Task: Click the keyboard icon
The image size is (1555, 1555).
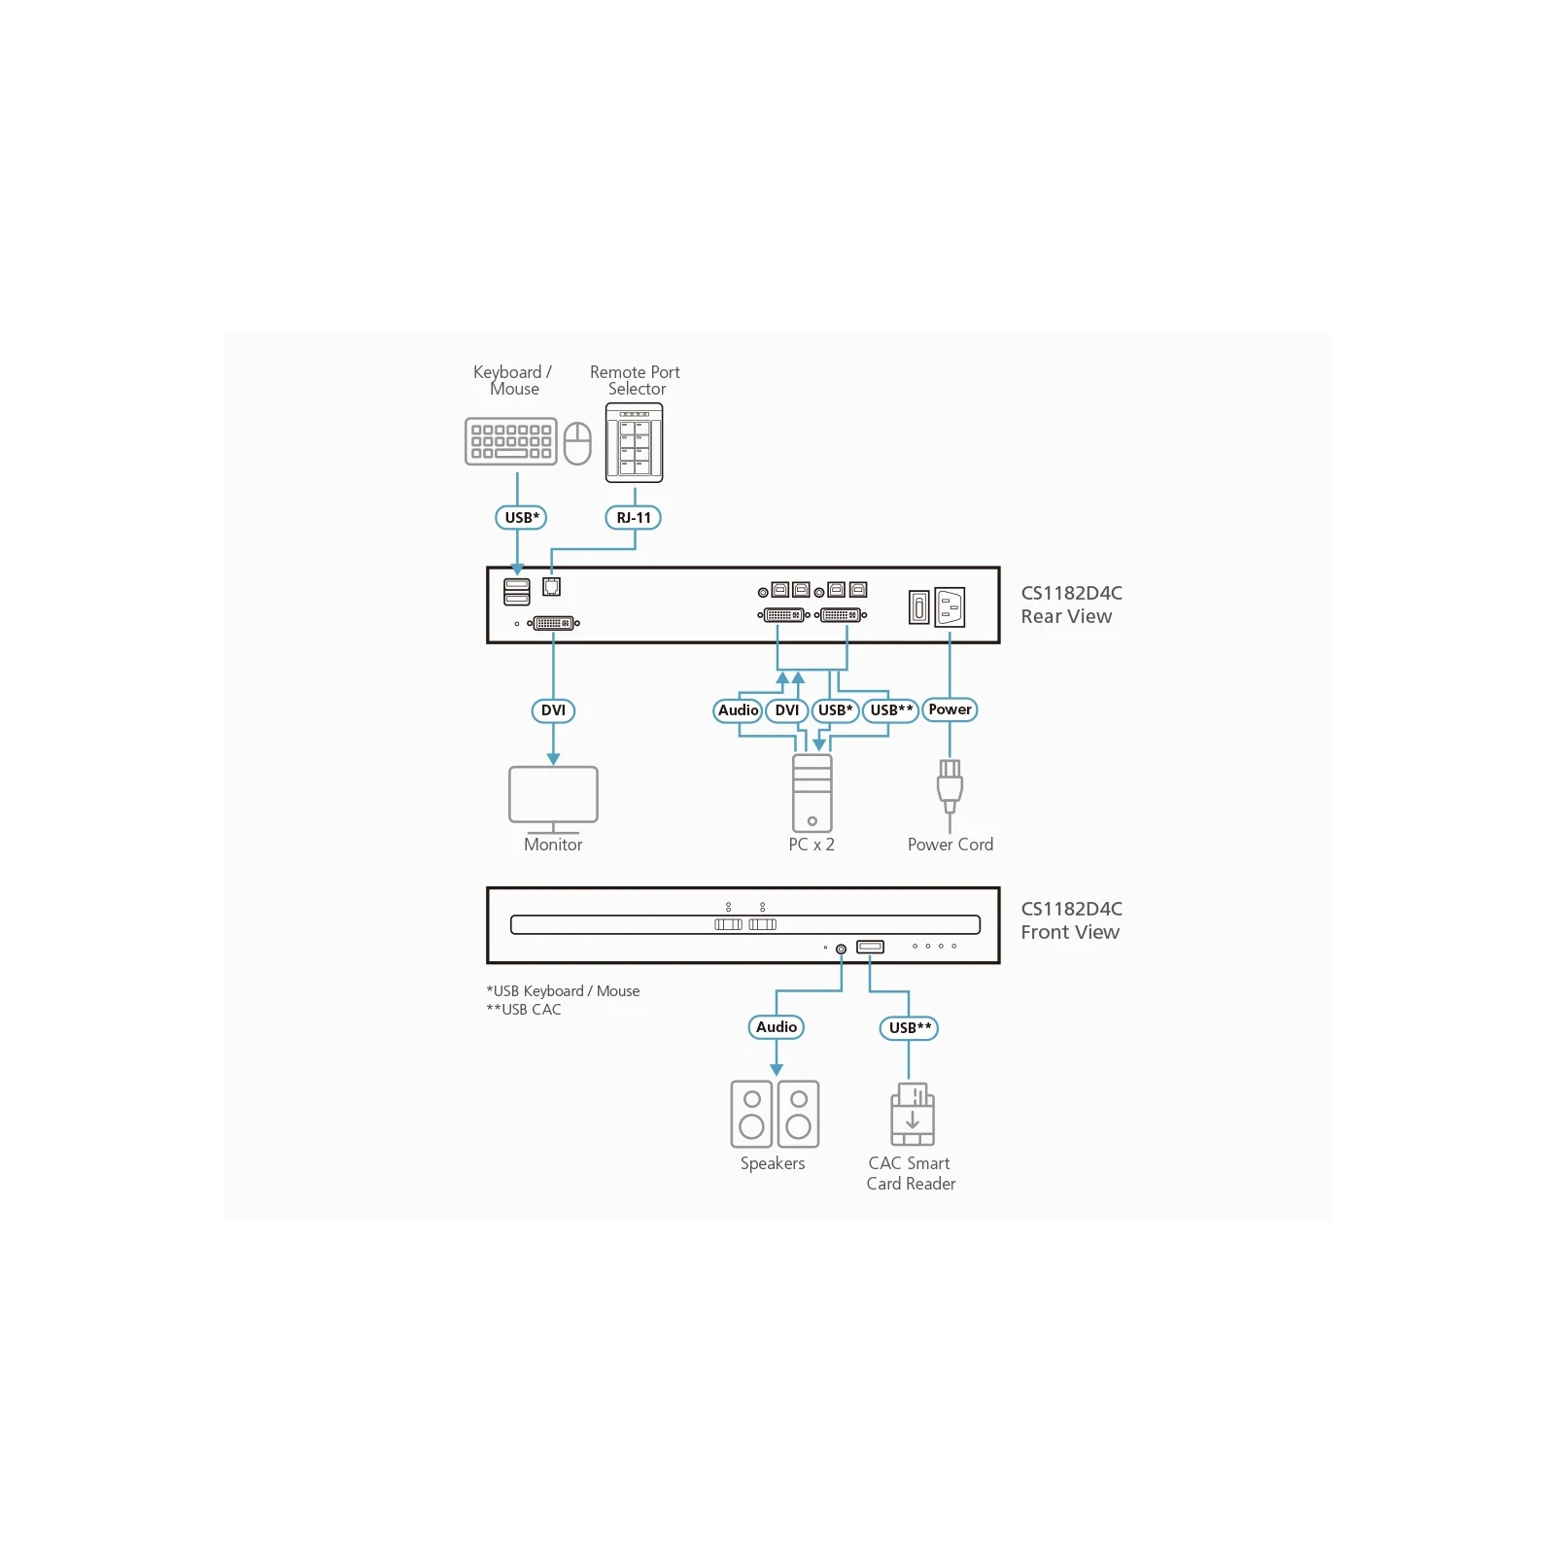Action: coord(511,441)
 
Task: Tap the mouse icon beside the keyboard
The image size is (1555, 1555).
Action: coord(577,443)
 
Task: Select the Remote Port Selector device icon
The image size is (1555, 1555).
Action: coord(635,442)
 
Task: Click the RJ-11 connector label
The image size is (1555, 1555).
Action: coord(634,518)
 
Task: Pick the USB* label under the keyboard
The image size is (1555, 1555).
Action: coord(521,518)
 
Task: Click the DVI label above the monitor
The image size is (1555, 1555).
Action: coord(553,710)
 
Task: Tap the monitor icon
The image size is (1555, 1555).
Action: coord(553,800)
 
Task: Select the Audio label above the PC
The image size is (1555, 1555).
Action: coord(738,710)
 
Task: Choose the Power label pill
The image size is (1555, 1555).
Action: coord(950,709)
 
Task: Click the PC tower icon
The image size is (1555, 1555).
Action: coord(812,793)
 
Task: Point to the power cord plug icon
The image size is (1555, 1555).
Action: coord(950,787)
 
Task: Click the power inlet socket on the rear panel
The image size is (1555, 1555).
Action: coord(950,607)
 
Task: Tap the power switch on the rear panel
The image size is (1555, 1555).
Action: coord(919,607)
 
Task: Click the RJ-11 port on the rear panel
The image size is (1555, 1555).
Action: coord(551,586)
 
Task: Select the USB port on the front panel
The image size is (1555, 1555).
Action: coord(870,947)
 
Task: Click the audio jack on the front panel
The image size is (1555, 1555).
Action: coord(841,949)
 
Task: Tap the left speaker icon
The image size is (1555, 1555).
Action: coord(751,1114)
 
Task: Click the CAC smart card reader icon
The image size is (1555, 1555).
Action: coord(913,1114)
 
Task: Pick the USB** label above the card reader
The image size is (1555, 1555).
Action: coord(909,1028)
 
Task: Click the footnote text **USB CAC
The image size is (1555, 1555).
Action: coord(524,1010)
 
